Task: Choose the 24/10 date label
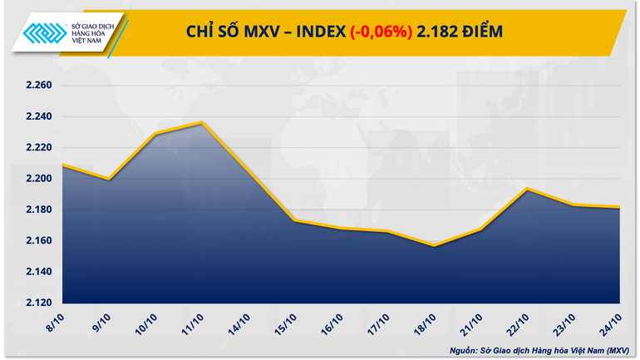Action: [x=613, y=320]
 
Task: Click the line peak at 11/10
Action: [x=201, y=122]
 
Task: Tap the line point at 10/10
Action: [x=155, y=134]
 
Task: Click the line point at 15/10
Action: [x=294, y=220]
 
